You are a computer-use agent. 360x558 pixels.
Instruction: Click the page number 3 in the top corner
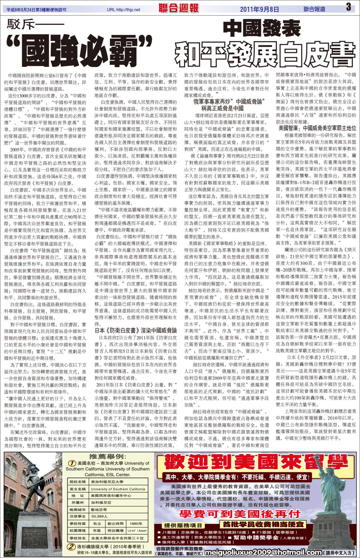348,7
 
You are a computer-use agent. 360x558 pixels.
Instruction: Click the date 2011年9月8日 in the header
260,9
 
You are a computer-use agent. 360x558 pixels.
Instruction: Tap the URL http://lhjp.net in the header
123,10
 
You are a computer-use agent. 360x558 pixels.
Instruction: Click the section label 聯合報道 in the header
314,9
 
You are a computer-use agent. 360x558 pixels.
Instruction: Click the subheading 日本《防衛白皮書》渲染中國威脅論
136,331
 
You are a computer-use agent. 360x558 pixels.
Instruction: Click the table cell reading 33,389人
99,516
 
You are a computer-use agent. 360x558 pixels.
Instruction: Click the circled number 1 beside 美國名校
72,463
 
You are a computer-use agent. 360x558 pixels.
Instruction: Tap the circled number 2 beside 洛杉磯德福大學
71,547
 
